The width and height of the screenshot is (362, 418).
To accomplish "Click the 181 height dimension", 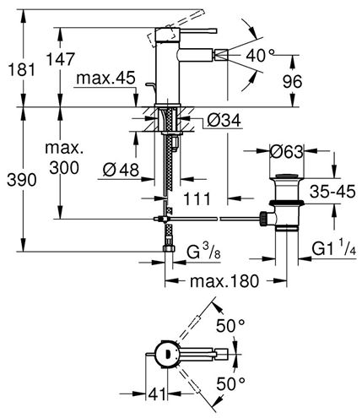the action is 22,69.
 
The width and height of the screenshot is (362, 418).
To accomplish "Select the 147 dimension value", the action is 61,59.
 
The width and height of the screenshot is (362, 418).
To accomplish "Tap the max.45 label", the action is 105,78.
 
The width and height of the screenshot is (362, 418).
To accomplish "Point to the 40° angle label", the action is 260,56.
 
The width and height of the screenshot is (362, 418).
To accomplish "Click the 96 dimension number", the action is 292,82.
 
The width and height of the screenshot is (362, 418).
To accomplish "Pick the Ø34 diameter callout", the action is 224,121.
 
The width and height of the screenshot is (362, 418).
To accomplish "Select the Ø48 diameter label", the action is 121,170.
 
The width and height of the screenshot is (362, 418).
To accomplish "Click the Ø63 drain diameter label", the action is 287,152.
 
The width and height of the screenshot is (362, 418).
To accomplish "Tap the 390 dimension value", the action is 22,180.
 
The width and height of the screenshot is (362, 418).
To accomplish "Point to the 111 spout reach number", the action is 197,199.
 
